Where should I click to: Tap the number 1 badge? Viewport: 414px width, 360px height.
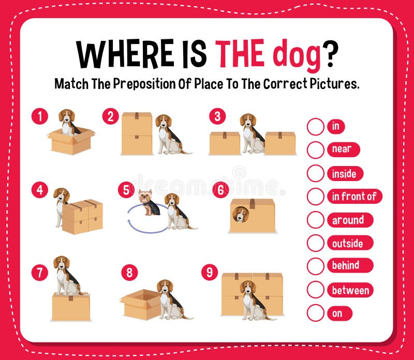[39, 116]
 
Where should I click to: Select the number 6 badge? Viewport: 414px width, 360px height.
[220, 190]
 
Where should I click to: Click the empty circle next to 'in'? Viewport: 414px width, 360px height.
[315, 126]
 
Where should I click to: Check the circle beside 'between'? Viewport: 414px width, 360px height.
[315, 290]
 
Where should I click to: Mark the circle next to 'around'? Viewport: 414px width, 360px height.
[315, 220]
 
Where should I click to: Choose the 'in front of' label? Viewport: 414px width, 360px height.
[354, 197]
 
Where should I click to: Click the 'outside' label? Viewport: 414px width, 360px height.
[347, 243]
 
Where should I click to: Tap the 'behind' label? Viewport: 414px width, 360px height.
[346, 266]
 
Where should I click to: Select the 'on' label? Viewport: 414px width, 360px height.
[337, 313]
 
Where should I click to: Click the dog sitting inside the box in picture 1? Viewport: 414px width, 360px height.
[67, 122]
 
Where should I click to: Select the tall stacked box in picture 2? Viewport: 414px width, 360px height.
[137, 133]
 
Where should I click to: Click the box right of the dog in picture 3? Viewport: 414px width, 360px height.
[280, 143]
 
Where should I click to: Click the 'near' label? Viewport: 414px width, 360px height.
[342, 149]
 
